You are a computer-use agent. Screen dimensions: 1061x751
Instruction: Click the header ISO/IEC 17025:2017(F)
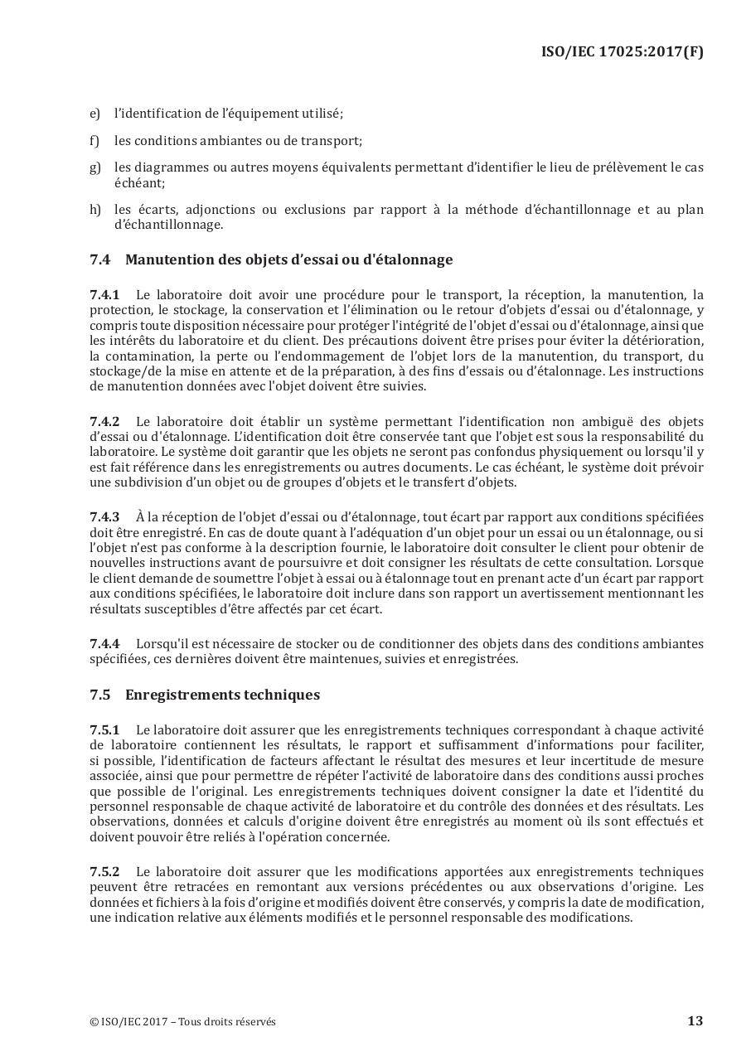coord(622,51)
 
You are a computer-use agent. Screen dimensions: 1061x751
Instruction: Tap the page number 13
coord(695,1020)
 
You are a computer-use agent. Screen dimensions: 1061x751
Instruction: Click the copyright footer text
coord(182,1021)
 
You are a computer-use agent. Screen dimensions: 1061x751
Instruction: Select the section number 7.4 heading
coord(99,259)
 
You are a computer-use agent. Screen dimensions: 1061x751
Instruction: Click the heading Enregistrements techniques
coord(222,695)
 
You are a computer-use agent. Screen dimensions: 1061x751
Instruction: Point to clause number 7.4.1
coord(104,294)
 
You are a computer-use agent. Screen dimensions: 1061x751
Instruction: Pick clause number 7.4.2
coord(104,422)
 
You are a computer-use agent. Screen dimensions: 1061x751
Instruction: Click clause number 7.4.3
coord(104,517)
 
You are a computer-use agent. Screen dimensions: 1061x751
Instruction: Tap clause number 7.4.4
coord(104,644)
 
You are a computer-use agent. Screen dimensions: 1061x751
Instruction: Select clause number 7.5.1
coord(104,730)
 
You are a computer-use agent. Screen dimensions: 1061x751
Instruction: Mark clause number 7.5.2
coord(104,872)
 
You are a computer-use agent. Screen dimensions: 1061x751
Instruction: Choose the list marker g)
coord(94,167)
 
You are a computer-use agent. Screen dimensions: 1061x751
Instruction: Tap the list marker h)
coord(94,210)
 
